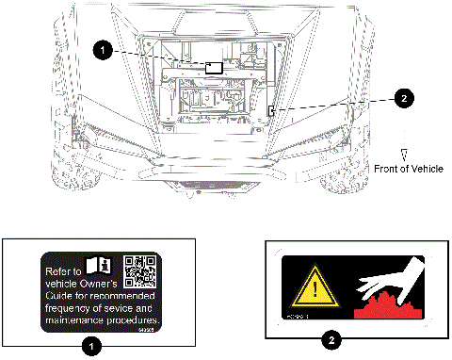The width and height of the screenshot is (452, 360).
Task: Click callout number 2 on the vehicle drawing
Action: tap(403, 97)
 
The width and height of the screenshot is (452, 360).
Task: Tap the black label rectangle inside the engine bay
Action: tap(215, 68)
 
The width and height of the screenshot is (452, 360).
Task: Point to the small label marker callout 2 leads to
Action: tap(271, 111)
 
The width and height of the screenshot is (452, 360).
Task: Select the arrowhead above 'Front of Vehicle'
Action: tap(403, 154)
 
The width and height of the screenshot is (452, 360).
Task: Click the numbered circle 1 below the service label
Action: tap(90, 347)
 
